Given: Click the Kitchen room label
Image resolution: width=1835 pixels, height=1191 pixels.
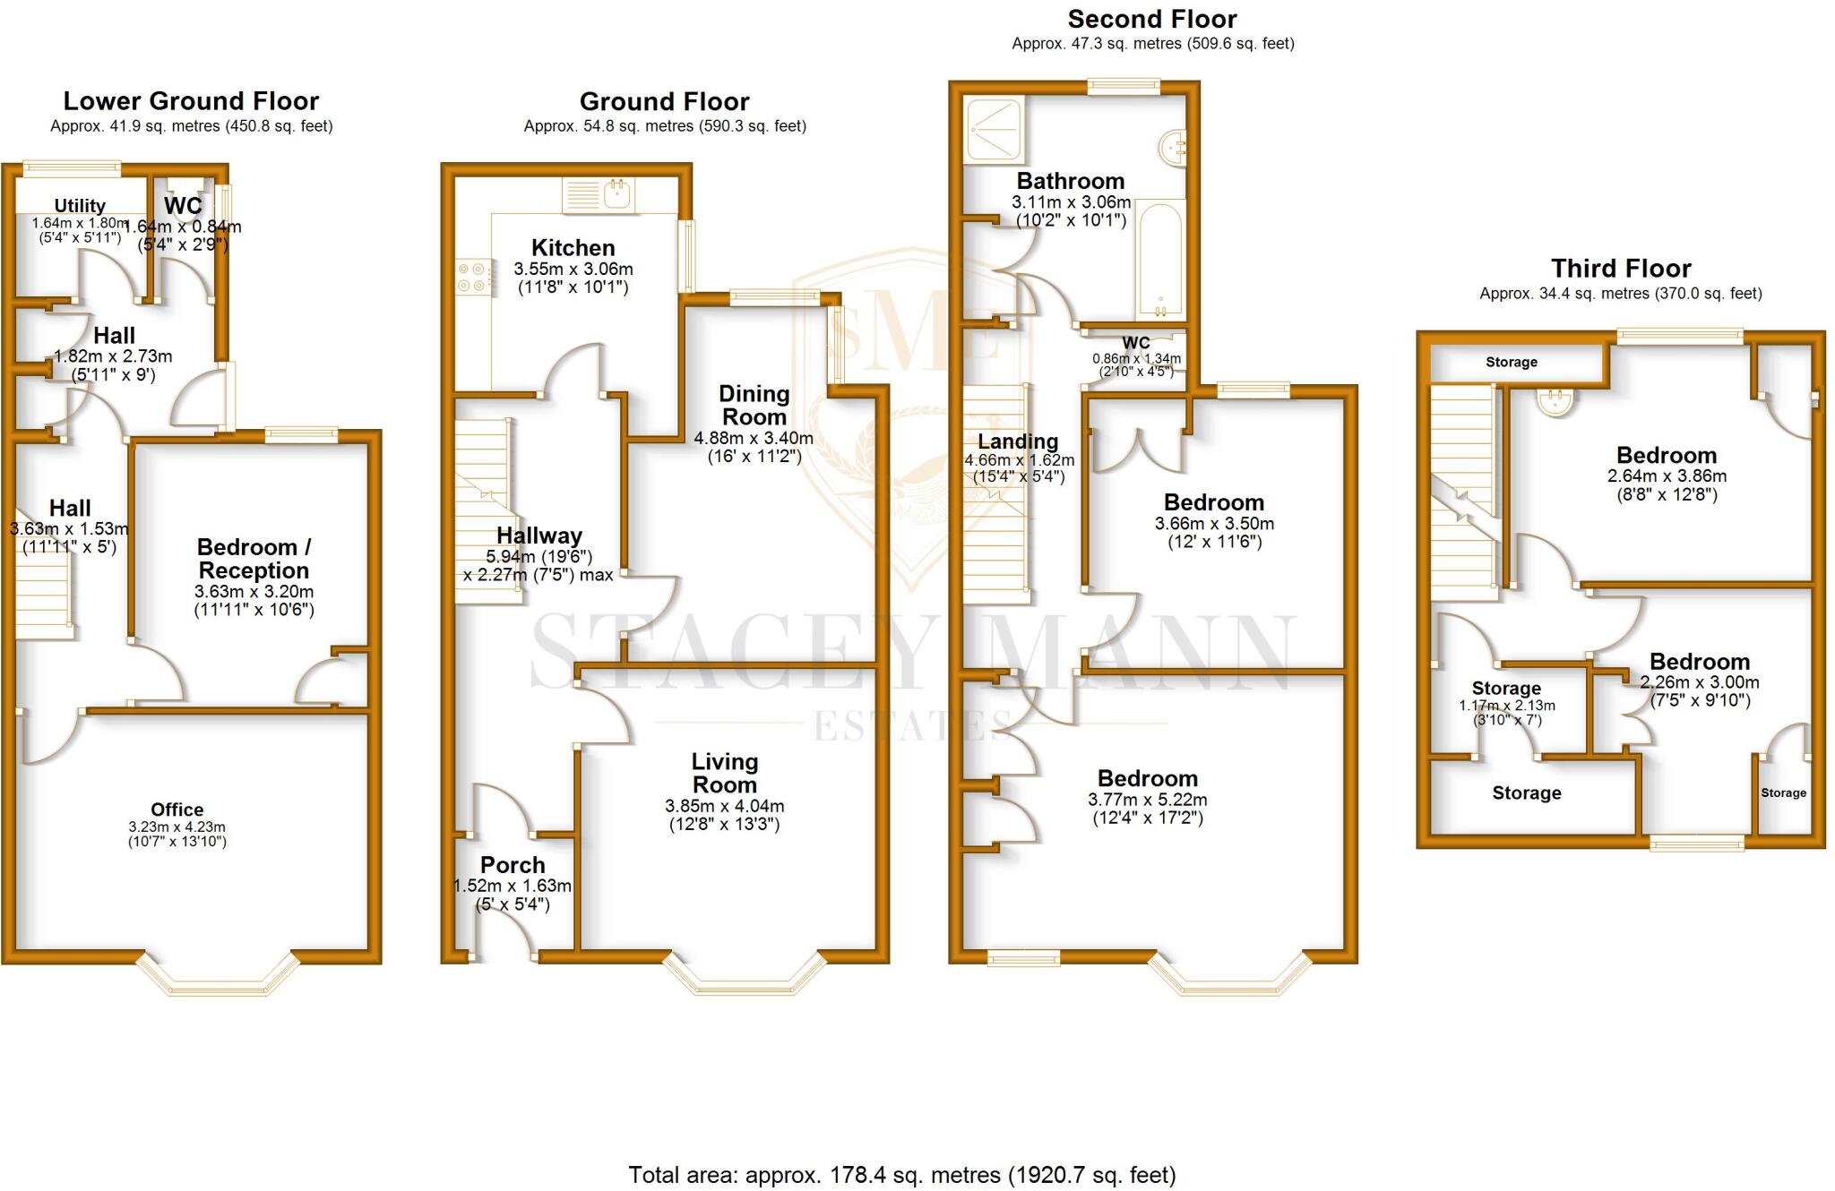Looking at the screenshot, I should pyautogui.click(x=573, y=248).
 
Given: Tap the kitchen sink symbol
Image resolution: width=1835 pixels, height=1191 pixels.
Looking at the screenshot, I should pyautogui.click(x=599, y=195).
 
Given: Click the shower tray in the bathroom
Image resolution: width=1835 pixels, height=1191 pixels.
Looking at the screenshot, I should pyautogui.click(x=994, y=130).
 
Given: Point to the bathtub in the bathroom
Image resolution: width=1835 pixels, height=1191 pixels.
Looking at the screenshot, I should pyautogui.click(x=1159, y=259).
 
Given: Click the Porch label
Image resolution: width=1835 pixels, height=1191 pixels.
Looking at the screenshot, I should pyautogui.click(x=513, y=865).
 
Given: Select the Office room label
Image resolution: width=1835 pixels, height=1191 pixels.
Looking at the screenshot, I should pyautogui.click(x=177, y=810).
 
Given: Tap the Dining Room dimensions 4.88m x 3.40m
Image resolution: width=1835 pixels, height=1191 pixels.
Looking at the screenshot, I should pyautogui.click(x=754, y=439).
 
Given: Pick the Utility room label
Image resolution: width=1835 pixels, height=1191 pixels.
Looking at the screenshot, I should pyautogui.click(x=80, y=206).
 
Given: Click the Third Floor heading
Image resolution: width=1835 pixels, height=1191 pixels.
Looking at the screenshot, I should pyautogui.click(x=1620, y=269).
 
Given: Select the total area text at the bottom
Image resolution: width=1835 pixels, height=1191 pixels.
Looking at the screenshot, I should pyautogui.click(x=901, y=1174).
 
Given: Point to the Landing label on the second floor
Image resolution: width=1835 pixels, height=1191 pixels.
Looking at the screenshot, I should pyautogui.click(x=1018, y=441).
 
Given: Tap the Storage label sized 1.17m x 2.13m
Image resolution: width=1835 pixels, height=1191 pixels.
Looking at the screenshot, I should pyautogui.click(x=1506, y=689).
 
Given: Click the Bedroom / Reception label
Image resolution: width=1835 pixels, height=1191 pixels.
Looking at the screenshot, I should pyautogui.click(x=254, y=559).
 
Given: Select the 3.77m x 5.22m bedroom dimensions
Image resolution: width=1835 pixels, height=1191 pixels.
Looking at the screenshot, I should pyautogui.click(x=1147, y=800).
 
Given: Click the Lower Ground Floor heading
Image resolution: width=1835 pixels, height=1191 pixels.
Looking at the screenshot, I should pyautogui.click(x=191, y=101).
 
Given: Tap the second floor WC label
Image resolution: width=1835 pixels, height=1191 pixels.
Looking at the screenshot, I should pyautogui.click(x=1135, y=343).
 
